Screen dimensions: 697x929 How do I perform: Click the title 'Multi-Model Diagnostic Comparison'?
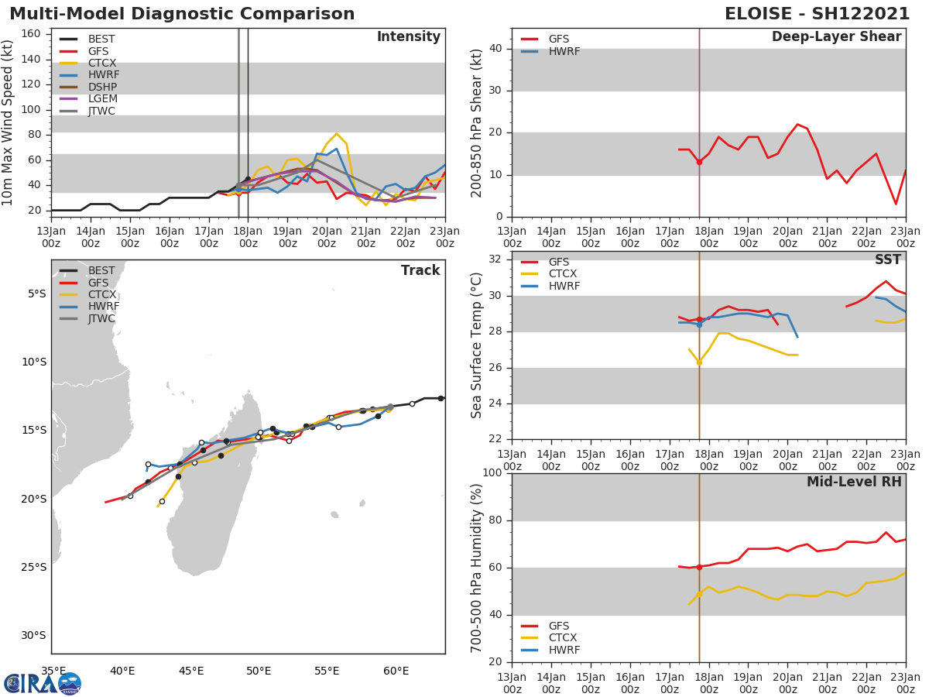point(182,14)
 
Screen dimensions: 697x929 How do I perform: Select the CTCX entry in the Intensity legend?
point(101,63)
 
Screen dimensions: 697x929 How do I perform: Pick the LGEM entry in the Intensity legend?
point(102,99)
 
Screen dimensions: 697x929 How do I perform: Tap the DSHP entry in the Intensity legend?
point(102,87)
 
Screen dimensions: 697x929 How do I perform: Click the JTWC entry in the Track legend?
point(101,318)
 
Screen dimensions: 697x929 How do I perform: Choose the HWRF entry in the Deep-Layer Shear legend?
point(564,51)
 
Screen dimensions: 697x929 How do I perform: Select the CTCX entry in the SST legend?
point(564,274)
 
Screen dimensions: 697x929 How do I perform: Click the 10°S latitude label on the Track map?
point(33,362)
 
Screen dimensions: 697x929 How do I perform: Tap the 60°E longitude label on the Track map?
point(396,671)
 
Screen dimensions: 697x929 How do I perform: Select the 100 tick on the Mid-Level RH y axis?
point(492,473)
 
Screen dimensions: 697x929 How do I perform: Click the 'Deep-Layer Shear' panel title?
point(836,37)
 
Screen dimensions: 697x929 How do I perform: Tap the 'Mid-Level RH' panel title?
point(854,482)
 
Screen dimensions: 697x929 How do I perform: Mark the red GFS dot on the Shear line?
point(699,162)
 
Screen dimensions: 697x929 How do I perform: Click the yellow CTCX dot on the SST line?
point(699,362)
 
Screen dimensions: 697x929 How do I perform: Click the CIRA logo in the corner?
point(43,683)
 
